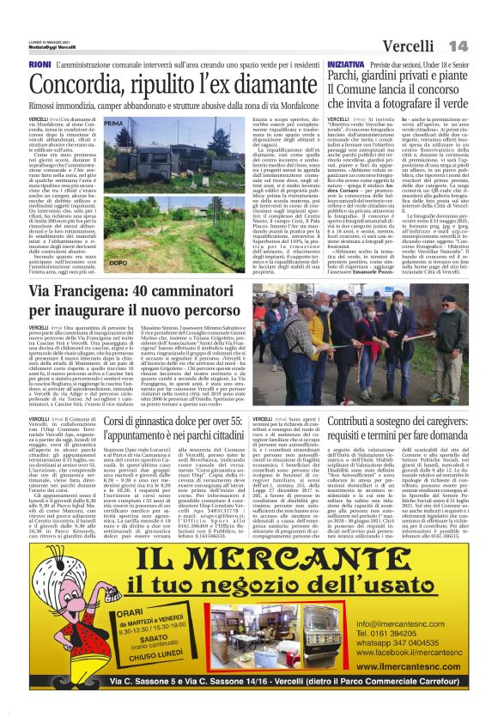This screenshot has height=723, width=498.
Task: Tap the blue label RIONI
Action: [x=63, y=64]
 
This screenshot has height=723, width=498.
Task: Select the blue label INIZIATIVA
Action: [x=345, y=64]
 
